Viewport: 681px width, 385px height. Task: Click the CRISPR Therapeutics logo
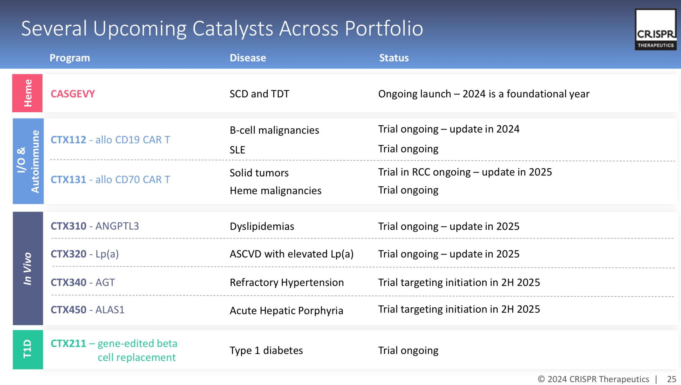tap(655, 29)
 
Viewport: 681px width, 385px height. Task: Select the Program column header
tap(70, 58)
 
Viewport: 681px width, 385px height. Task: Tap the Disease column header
tap(248, 58)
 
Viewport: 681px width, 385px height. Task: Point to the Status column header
tap(394, 58)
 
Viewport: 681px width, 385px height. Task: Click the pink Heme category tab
tap(27, 93)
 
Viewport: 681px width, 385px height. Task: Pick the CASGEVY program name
tap(73, 94)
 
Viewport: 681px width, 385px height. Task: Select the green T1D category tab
tap(28, 350)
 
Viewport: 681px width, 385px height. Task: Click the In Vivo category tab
tap(28, 268)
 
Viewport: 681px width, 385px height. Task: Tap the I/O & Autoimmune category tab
tap(28, 161)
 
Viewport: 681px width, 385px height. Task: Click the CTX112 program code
tap(68, 140)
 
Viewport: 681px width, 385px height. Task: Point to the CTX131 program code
tap(68, 180)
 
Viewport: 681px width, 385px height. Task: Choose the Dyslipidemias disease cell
tap(262, 226)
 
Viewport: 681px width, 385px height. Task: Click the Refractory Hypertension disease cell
tap(287, 282)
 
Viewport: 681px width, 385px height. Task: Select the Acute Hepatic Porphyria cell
tap(286, 311)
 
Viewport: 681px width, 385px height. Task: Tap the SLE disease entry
tap(237, 150)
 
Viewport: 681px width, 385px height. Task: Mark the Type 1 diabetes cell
tap(266, 350)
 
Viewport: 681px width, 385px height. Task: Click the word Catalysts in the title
tap(233, 28)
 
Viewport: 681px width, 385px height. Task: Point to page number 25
tap(671, 379)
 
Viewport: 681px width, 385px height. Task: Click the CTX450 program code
tap(68, 310)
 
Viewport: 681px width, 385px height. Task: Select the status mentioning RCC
tap(465, 172)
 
